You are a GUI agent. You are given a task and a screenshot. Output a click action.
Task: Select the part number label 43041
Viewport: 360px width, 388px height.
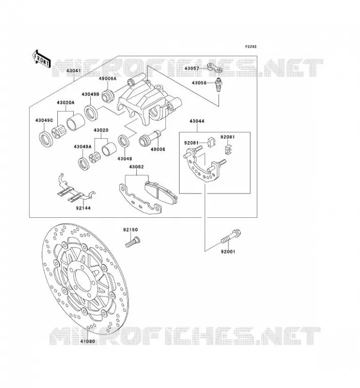[74, 71]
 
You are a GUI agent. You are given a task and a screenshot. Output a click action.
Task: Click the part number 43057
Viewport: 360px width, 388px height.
[192, 68]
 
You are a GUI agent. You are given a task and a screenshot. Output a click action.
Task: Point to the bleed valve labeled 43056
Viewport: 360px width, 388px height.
[219, 84]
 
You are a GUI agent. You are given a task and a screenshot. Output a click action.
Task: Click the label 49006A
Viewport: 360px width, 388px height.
[107, 79]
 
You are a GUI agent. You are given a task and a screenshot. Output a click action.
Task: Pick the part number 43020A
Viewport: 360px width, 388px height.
[65, 102]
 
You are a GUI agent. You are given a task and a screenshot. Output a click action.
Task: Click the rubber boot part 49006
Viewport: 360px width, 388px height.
[150, 138]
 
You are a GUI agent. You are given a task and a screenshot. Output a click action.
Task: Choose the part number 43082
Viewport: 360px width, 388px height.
[136, 167]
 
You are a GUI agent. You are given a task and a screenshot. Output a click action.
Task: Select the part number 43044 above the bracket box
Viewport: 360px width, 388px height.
[197, 121]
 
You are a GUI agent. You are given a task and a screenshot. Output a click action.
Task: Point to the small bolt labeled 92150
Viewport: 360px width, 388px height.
[133, 242]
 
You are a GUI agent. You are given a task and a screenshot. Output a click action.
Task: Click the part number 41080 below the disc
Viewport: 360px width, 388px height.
[87, 341]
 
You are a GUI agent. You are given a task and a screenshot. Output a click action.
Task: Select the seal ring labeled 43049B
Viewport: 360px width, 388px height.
[91, 113]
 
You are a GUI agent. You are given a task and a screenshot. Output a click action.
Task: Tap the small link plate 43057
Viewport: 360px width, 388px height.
[214, 68]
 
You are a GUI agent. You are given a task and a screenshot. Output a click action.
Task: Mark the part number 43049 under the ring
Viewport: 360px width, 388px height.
[125, 159]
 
